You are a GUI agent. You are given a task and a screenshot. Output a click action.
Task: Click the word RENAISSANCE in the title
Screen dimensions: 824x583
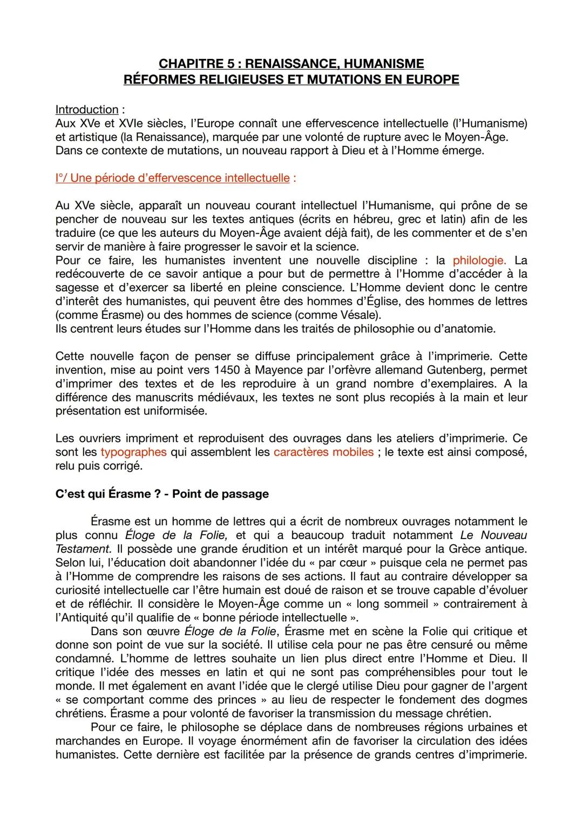click(290, 64)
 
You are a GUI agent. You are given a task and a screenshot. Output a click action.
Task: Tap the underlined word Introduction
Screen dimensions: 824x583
click(86, 110)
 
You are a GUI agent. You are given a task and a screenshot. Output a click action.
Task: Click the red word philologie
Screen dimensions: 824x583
click(479, 261)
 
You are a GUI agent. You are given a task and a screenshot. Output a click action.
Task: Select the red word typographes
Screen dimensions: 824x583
click(133, 452)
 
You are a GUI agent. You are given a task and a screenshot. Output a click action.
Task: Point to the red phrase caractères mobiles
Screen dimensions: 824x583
click(323, 452)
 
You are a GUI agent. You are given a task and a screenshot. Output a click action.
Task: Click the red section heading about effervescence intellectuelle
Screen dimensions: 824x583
click(173, 178)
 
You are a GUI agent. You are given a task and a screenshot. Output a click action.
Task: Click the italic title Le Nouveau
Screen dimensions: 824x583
click(493, 535)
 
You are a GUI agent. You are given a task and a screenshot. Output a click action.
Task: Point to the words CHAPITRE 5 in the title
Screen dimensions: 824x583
click(198, 64)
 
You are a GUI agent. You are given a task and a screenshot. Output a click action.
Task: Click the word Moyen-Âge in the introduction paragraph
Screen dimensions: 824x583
click(476, 137)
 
